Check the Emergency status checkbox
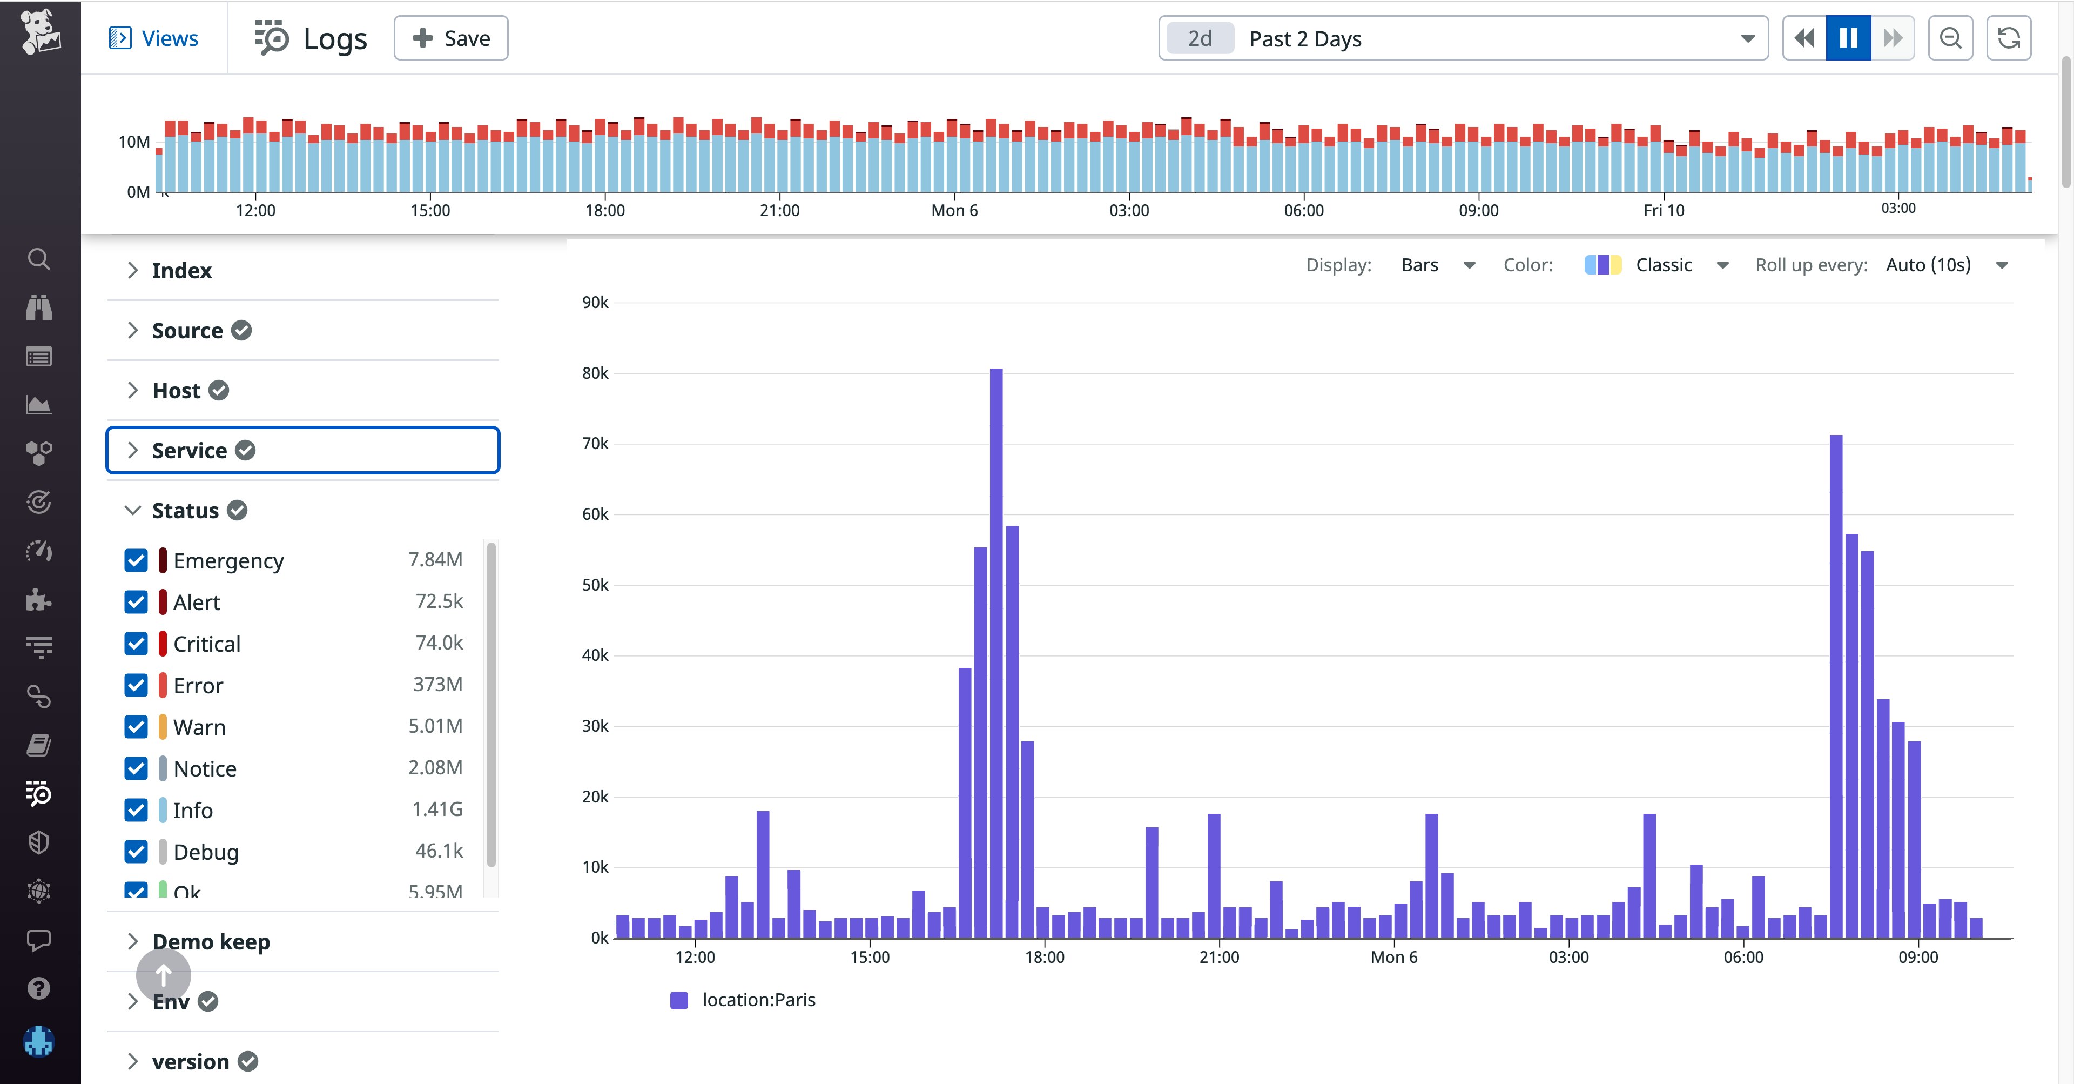(x=136, y=560)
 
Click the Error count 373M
(x=437, y=685)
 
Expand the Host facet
(x=176, y=391)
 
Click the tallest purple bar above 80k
(x=996, y=644)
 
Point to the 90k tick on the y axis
(x=595, y=303)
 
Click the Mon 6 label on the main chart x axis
(x=1393, y=957)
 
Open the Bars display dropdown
(x=1437, y=265)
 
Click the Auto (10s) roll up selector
(x=1945, y=265)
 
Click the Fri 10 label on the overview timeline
(x=1664, y=210)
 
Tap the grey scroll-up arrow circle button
(x=164, y=975)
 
